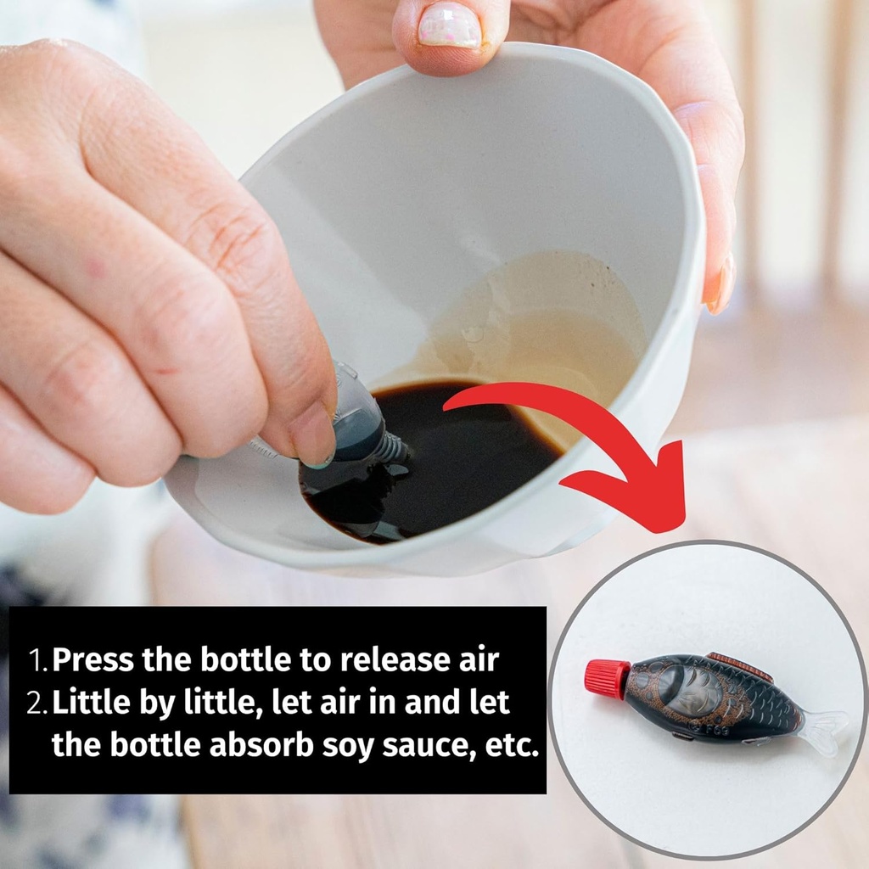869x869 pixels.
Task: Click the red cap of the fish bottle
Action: point(607,679)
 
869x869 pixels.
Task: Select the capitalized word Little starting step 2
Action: point(88,702)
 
